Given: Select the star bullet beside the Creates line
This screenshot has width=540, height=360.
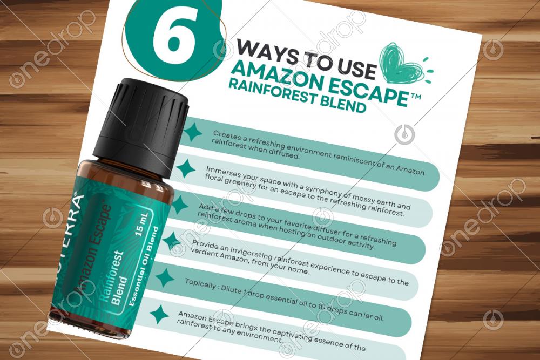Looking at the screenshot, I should pos(193,132).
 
